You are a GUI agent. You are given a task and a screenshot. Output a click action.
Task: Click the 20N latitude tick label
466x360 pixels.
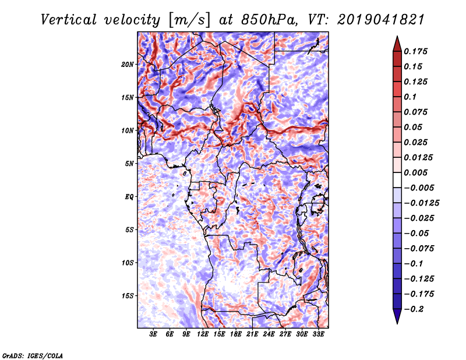tap(128, 64)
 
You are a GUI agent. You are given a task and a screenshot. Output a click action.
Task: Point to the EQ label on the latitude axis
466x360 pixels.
tap(129, 197)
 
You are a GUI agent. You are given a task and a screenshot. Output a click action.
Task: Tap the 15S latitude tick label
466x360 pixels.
tap(128, 296)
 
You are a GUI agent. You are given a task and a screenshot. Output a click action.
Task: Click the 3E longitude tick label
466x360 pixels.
tap(154, 334)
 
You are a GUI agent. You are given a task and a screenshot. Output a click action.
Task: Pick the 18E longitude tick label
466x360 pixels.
tap(236, 334)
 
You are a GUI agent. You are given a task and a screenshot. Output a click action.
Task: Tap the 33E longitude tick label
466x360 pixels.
tap(319, 334)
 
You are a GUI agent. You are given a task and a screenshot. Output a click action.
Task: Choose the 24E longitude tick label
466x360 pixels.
tap(269, 334)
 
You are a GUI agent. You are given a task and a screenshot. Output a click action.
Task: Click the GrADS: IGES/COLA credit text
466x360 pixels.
tap(32, 355)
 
